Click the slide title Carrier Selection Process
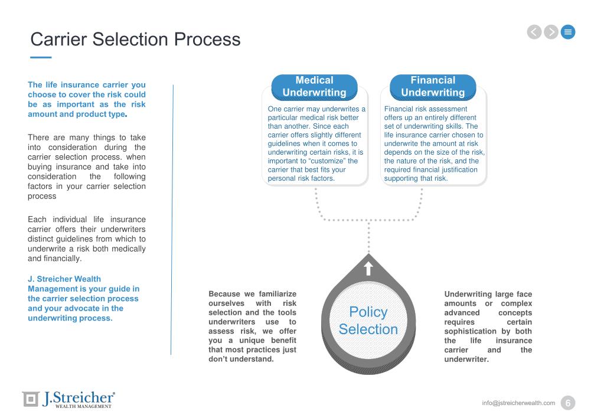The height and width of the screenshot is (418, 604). (x=135, y=39)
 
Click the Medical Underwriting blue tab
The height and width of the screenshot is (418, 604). (x=314, y=86)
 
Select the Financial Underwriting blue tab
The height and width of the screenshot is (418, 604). (x=433, y=86)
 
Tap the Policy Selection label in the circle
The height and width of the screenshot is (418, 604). (x=368, y=321)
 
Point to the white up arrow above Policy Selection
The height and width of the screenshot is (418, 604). (x=368, y=269)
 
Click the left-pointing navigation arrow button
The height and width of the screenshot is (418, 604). (x=534, y=32)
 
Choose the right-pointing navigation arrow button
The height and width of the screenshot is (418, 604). (x=551, y=32)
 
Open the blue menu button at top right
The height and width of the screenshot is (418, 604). (x=568, y=32)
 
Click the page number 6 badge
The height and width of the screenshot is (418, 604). (x=568, y=403)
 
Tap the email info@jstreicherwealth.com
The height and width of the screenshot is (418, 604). (x=518, y=403)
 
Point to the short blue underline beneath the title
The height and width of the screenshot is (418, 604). (x=41, y=57)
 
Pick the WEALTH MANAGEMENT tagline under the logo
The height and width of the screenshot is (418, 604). (x=83, y=406)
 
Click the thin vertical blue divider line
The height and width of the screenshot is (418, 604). (x=172, y=218)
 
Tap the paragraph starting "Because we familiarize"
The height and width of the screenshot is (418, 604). (x=253, y=326)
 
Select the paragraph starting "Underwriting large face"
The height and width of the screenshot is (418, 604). (x=488, y=326)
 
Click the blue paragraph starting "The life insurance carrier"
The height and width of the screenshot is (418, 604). (x=87, y=99)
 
